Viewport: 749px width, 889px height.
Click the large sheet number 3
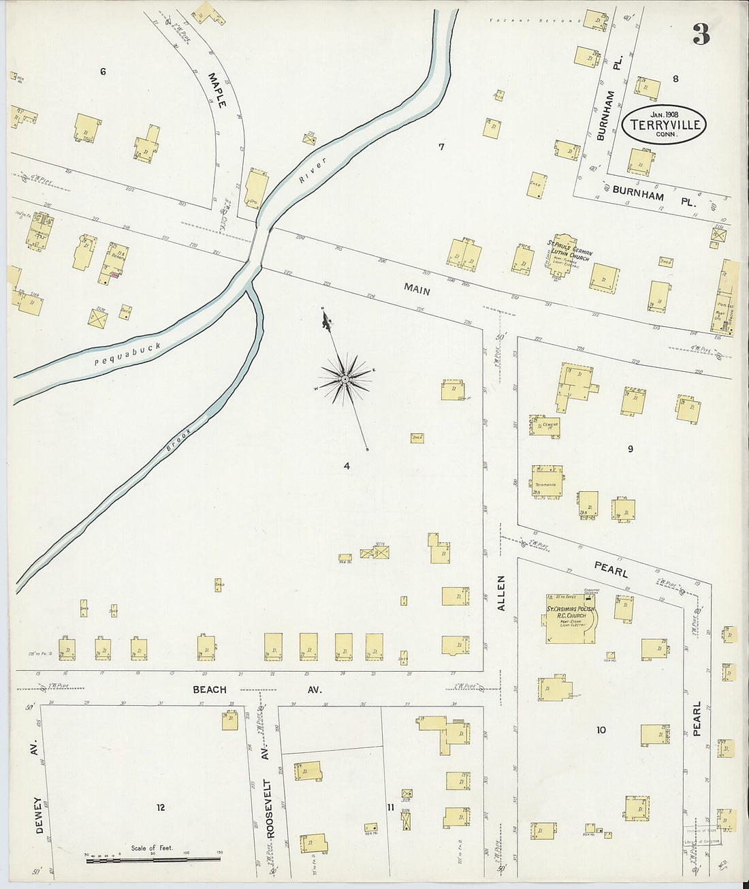[x=701, y=33]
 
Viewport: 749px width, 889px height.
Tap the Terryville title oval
[x=664, y=125]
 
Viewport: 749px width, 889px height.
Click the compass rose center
[x=346, y=379]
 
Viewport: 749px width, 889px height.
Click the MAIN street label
[x=417, y=290]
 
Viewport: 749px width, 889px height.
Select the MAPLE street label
[x=217, y=91]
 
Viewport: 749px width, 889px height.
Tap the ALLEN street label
[x=502, y=593]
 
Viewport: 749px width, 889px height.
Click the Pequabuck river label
[x=128, y=354]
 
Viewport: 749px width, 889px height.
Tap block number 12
[x=160, y=808]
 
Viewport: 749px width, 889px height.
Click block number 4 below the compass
[x=347, y=467]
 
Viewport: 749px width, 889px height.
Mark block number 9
[x=631, y=449]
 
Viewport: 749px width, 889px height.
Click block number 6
[x=103, y=72]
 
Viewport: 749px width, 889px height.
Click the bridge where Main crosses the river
[x=258, y=245]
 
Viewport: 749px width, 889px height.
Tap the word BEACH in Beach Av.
[x=209, y=689]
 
